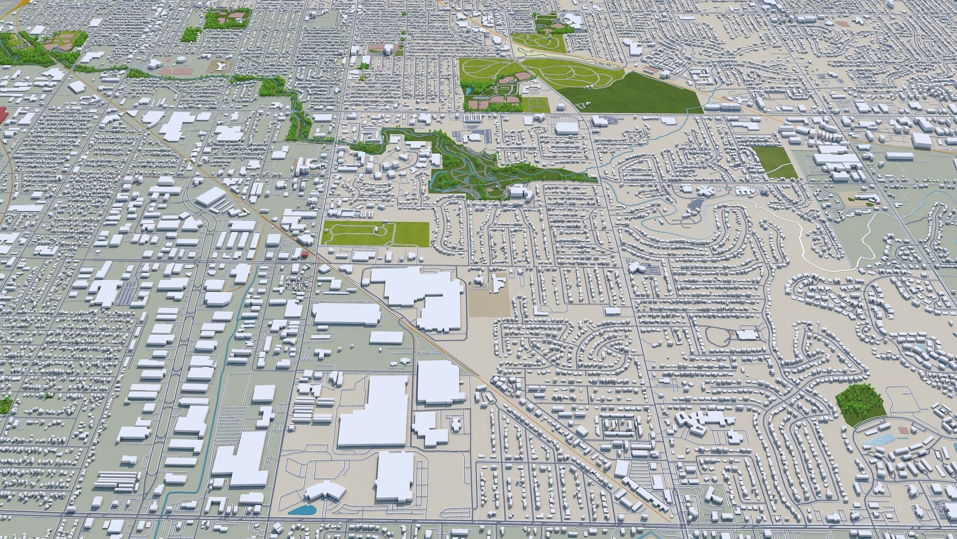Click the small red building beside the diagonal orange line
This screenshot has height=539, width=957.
click(305, 255)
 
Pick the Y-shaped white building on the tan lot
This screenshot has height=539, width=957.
click(222, 66)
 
